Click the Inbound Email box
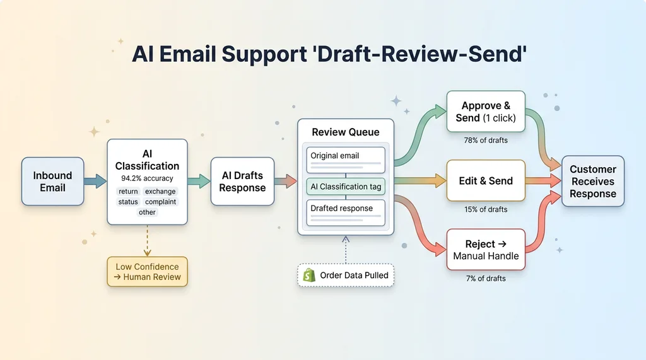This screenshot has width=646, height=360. point(52,182)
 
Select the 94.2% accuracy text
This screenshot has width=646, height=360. point(147,178)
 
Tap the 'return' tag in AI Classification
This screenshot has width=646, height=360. point(128,191)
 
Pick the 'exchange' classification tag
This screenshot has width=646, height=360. point(160,191)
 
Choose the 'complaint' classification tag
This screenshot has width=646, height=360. point(160,202)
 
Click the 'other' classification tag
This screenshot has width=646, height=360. point(147,212)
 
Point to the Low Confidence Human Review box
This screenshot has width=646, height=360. point(147,272)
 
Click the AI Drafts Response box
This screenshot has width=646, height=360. point(242,182)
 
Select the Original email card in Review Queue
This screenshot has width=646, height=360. point(346,158)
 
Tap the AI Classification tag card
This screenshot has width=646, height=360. point(346,187)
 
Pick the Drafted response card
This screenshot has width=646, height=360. point(346,211)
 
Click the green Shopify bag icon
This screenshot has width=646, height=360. point(309,275)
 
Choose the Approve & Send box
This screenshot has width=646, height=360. point(486,112)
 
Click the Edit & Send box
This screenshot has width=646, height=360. point(486,181)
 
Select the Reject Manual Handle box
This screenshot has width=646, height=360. point(486,250)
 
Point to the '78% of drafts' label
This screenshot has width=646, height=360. point(486,140)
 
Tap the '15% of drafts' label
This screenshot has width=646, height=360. point(486,209)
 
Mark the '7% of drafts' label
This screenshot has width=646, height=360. point(486,278)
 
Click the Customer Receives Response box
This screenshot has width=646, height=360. point(592,182)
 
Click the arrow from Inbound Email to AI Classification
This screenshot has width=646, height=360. point(95,182)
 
